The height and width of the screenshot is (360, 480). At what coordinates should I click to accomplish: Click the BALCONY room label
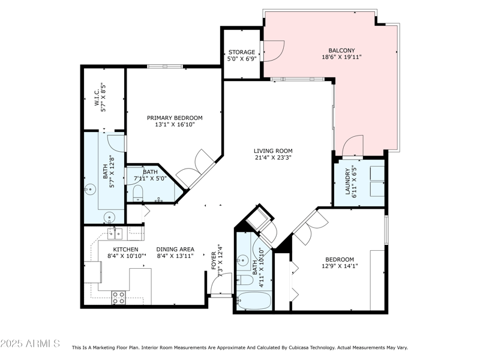pyautogui.click(x=341, y=50)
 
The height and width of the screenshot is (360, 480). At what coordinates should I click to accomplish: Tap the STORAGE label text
pyautogui.click(x=242, y=52)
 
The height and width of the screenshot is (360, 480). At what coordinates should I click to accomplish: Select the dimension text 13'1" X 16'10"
pyautogui.click(x=175, y=125)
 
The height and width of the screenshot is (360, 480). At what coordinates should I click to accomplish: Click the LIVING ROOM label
pyautogui.click(x=272, y=151)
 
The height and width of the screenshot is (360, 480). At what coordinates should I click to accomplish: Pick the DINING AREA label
pyautogui.click(x=175, y=250)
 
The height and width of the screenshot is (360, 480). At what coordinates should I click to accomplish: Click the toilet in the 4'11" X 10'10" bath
pyautogui.click(x=246, y=280)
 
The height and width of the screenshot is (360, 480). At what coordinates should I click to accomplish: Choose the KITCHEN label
pyautogui.click(x=126, y=250)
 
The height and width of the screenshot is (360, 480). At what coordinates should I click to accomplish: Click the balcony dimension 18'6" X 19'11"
pyautogui.click(x=341, y=58)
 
